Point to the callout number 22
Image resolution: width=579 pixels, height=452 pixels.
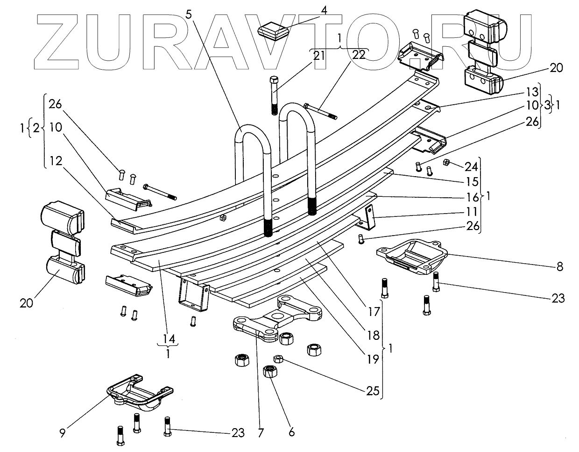[360, 55]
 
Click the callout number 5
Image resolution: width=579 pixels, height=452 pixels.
[189, 14]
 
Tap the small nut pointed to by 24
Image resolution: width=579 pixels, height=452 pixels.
[445, 162]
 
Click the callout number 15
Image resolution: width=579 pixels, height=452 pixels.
[472, 181]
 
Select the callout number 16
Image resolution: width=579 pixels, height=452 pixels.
[472, 196]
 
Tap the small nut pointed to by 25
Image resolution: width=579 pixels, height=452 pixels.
[278, 359]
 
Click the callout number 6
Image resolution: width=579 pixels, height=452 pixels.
[291, 432]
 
